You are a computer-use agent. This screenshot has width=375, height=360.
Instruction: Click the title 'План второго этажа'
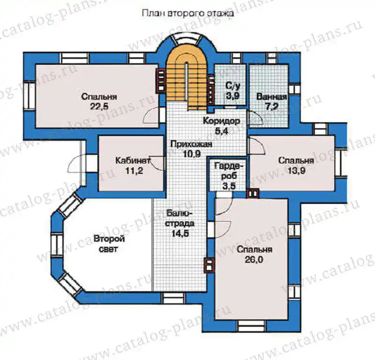188,14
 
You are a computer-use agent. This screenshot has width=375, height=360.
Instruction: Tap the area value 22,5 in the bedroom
99,107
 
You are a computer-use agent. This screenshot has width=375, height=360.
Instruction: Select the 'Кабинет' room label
133,160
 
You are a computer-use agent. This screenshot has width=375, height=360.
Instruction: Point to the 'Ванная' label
271,97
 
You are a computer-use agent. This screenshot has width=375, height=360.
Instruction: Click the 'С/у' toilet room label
232,85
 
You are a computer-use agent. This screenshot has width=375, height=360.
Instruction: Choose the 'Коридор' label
221,121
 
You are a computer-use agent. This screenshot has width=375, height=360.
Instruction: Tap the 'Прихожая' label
191,144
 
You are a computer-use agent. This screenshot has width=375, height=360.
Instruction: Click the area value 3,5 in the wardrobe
229,186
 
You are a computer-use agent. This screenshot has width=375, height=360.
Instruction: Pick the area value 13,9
296,171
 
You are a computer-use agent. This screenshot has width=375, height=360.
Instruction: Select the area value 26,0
254,260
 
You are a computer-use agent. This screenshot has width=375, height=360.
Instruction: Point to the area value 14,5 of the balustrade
180,234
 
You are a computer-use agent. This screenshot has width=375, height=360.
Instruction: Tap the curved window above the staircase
187,38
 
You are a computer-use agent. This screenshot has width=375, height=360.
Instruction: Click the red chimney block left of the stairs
161,80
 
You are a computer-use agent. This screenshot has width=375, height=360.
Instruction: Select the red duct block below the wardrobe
253,193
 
